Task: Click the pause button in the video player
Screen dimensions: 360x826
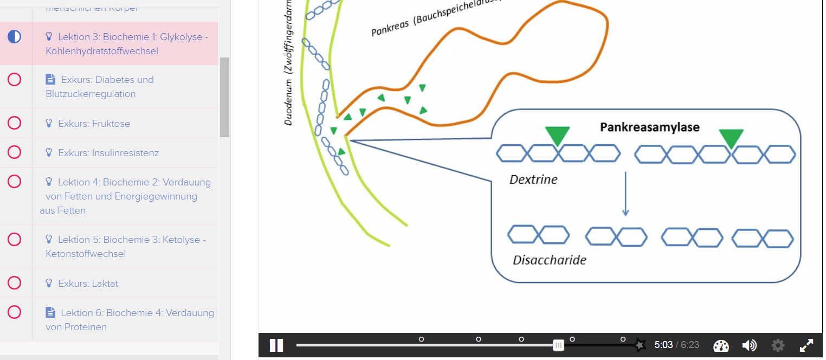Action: tap(276, 345)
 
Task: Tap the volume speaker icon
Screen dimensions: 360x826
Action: tap(749, 345)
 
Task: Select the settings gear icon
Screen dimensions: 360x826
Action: tap(778, 345)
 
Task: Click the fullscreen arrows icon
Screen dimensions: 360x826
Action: tap(806, 345)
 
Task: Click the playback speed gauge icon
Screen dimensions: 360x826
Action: tap(721, 346)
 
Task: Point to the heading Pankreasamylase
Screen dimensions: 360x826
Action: tap(649, 127)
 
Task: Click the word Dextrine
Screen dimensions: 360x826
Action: tap(533, 179)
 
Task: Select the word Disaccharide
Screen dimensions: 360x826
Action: tap(549, 260)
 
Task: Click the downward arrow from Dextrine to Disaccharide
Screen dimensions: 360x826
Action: tap(625, 194)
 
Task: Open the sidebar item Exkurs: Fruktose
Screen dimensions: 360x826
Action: tap(94, 124)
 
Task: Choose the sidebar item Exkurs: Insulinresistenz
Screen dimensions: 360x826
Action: tap(108, 153)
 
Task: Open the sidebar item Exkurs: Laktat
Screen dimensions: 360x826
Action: tap(88, 284)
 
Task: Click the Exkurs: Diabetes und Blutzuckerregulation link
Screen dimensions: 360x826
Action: tap(100, 87)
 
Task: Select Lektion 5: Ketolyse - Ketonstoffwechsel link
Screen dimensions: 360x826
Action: tap(126, 247)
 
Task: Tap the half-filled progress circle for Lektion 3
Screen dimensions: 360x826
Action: tap(15, 37)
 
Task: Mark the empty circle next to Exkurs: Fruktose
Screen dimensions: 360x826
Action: tap(15, 123)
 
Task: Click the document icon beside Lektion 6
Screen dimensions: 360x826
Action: tap(50, 313)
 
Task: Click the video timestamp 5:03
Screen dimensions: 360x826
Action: tap(663, 345)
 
